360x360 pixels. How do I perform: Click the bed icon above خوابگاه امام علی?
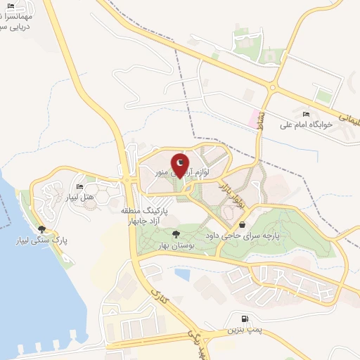[305, 114]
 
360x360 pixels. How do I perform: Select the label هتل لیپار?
[79, 198]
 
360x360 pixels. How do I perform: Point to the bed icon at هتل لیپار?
[79, 186]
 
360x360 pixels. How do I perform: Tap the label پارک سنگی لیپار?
[43, 240]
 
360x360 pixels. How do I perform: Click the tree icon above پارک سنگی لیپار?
[43, 229]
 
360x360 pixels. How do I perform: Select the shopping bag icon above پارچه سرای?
[242, 224]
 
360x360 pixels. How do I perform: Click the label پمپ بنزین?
[244, 329]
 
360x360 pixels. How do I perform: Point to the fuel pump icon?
[244, 317]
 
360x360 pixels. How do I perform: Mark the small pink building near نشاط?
[252, 117]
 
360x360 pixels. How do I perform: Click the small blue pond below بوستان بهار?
[182, 273]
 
